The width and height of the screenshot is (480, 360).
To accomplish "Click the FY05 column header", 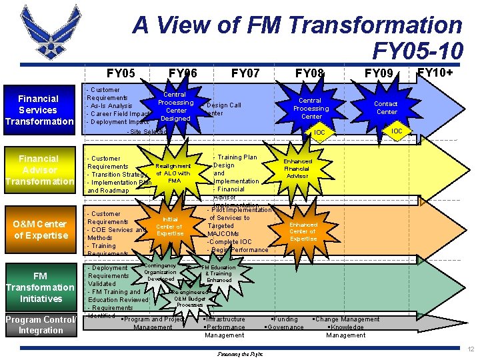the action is tap(121, 72).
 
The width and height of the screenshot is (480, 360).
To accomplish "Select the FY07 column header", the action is tap(246, 72).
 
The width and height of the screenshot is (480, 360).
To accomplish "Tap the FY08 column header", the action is tap(310, 72).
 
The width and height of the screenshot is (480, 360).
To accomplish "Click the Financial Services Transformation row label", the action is tap(39, 110).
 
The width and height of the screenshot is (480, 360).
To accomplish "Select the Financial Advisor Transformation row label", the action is tap(39, 170).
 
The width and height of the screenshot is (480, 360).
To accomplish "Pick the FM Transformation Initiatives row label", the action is tap(40, 287).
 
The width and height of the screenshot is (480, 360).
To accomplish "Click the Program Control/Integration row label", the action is tap(40, 325).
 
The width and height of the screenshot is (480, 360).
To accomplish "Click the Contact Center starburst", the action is tap(385, 107).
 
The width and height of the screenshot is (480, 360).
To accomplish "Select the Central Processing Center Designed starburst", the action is tap(175, 107).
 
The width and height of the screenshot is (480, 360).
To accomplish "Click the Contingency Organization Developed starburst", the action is tap(160, 272).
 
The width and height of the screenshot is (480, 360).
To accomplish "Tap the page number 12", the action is tap(471, 349).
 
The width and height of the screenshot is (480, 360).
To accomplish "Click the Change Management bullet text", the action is tap(347, 319).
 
